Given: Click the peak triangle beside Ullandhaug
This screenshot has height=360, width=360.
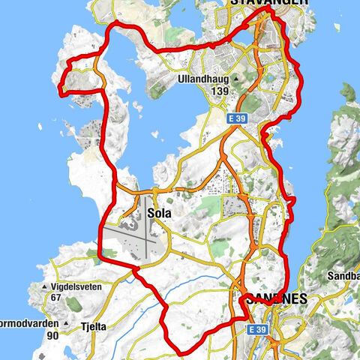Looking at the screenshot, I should pos(237,78).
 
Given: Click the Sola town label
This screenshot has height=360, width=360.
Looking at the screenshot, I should pos(159,213).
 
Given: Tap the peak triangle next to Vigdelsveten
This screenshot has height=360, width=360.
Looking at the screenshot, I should pos(46,287).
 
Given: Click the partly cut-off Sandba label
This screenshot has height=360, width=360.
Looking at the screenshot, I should pos(343,275).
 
